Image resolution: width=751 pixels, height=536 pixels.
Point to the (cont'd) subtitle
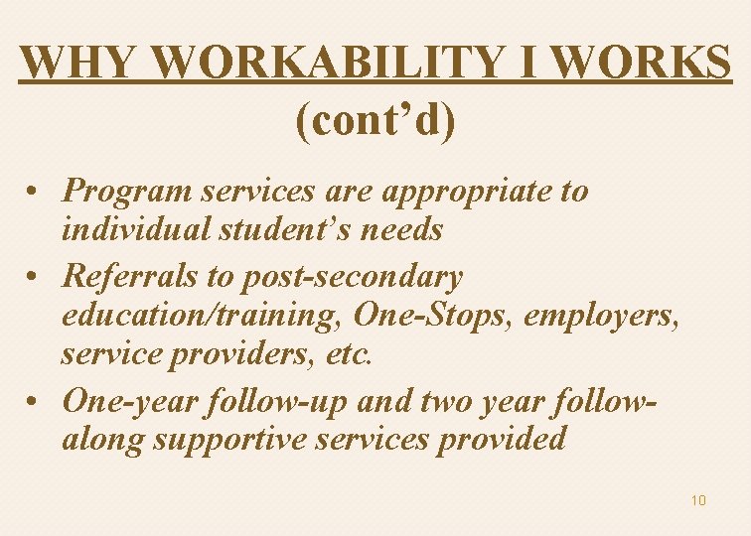point(375,120)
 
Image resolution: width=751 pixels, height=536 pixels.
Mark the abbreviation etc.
point(352,354)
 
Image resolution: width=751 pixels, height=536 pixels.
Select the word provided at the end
point(502,439)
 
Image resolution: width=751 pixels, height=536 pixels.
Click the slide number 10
point(698,500)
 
